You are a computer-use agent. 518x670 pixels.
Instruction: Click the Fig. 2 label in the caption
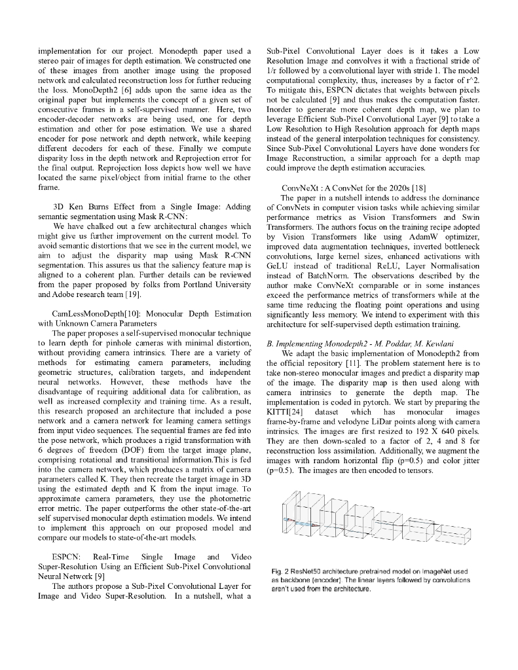[x=280, y=572]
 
